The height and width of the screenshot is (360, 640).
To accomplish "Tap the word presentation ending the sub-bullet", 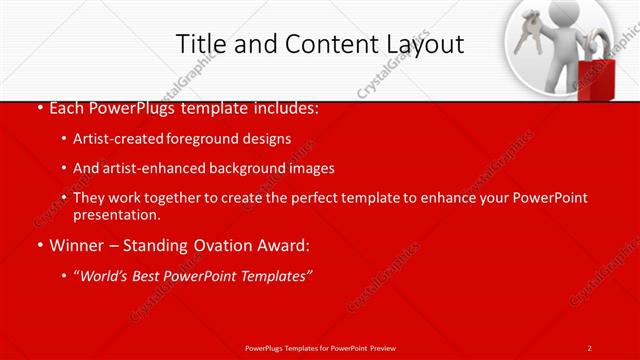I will [x=116, y=214].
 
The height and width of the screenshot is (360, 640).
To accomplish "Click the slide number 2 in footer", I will [x=590, y=347].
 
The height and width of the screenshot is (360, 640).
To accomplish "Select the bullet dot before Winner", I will [x=38, y=245].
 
